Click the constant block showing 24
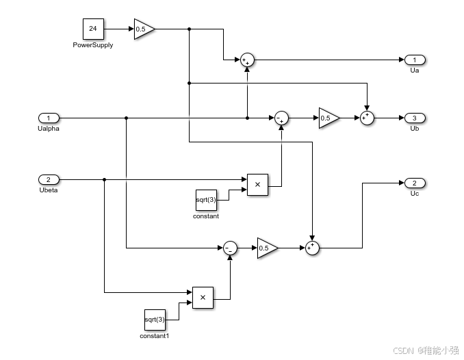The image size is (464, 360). point(92,29)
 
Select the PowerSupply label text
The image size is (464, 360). point(92,45)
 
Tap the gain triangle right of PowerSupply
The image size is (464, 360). point(143,29)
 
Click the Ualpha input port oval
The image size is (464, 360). point(49,118)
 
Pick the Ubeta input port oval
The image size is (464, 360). point(49,179)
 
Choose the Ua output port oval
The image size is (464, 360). point(415,60)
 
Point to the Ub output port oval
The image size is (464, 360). point(415,118)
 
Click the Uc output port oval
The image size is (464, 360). point(415,183)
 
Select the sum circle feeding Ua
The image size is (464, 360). point(247,60)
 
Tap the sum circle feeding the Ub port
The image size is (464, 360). point(368,118)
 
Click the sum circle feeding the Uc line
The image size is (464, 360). point(312,248)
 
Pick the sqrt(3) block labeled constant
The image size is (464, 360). point(206,200)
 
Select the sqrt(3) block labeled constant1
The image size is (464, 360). point(155,320)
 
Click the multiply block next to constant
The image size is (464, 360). point(257,185)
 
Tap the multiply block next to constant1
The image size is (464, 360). point(203,298)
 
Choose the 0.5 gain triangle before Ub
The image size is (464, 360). point(328,118)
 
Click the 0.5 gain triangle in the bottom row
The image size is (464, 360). point(266,248)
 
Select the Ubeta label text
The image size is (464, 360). point(49,190)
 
